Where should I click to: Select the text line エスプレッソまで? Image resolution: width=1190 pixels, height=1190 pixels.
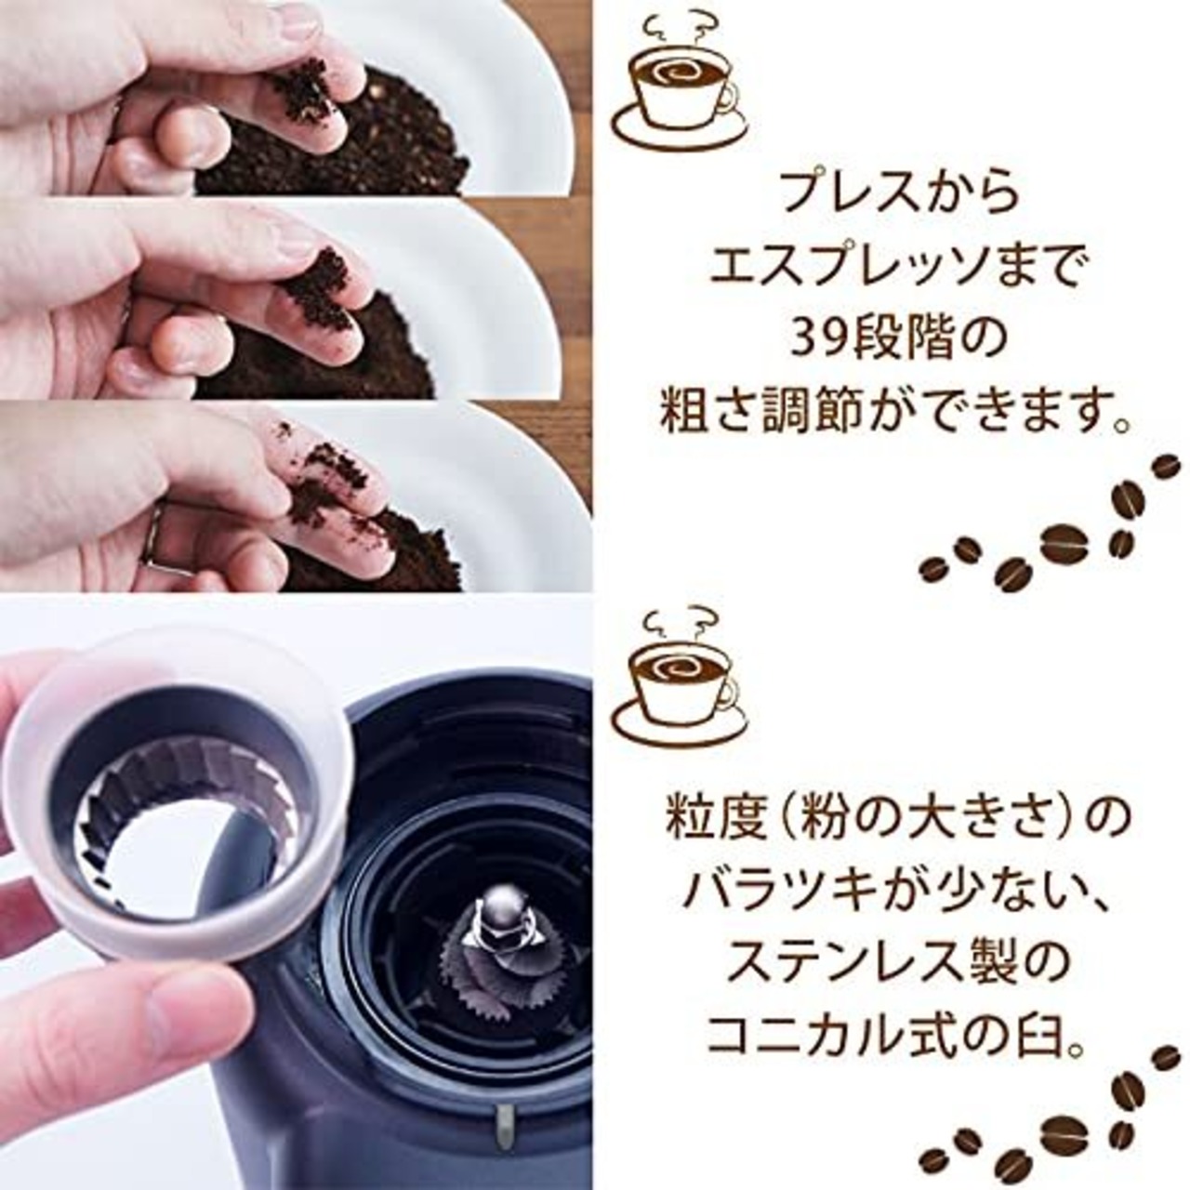pyautogui.click(x=896, y=270)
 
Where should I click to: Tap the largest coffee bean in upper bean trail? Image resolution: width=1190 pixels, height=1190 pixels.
pyautogui.click(x=1064, y=545)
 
